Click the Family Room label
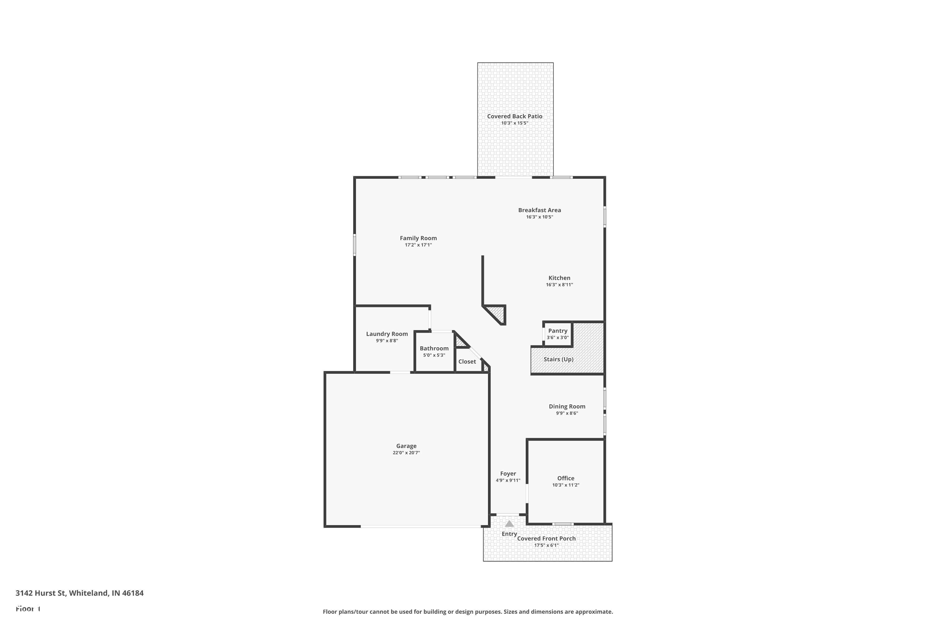(418, 238)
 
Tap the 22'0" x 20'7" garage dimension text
(406, 452)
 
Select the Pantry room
(558, 334)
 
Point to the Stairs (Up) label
(558, 359)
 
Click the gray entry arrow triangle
(509, 524)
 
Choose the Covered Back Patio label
(514, 116)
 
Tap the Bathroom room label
(434, 348)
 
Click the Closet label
(467, 361)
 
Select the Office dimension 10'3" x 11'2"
(565, 485)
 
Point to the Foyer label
(508, 474)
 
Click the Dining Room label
(567, 406)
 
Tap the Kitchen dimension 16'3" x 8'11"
(559, 285)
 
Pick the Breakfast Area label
(539, 210)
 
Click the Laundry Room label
(387, 334)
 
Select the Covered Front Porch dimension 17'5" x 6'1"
(546, 545)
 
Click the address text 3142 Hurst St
(40, 593)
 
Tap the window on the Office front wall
(563, 524)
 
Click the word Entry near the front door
(509, 534)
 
